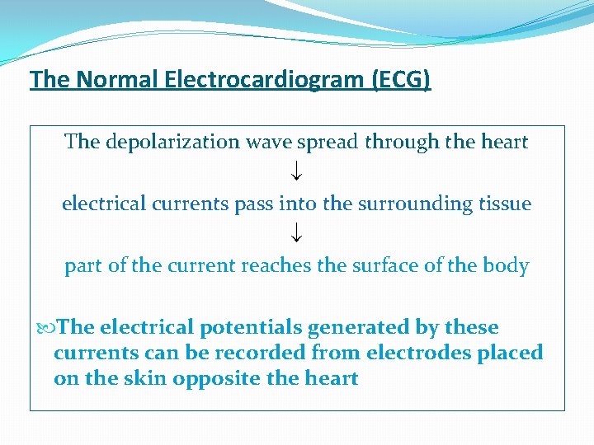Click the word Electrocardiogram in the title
pos(265,80)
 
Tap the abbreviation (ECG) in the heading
pos(401,80)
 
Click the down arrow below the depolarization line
pos(296,172)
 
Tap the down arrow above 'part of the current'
pos(296,234)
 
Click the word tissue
pos(507,204)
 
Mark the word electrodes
pos(387,354)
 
